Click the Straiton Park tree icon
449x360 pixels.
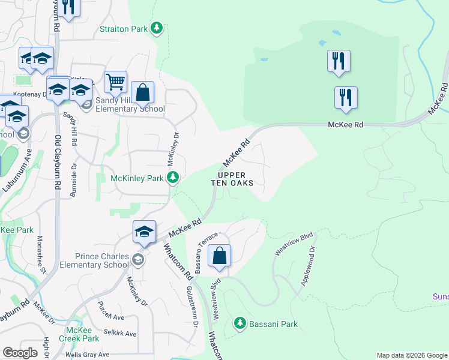pyautogui.click(x=157, y=28)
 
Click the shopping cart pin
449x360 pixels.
pyautogui.click(x=115, y=82)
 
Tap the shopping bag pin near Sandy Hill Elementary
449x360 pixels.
pyautogui.click(x=142, y=93)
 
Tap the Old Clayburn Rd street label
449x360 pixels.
pyautogui.click(x=58, y=163)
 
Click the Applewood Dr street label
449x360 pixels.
pyautogui.click(x=308, y=265)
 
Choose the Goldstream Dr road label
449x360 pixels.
pyautogui.click(x=193, y=306)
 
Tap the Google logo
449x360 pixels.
pyautogui.click(x=20, y=353)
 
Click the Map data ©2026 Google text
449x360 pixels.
pyautogui.click(x=411, y=355)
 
